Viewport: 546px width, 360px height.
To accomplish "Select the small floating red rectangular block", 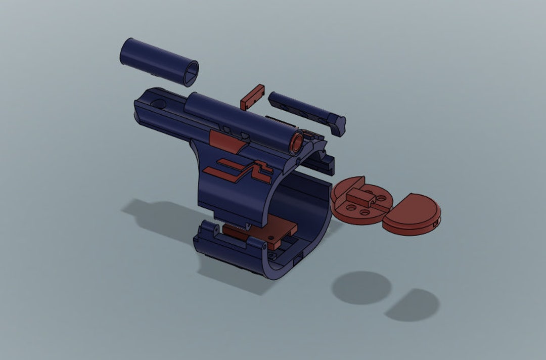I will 252,97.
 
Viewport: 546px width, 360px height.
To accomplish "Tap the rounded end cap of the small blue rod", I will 338,124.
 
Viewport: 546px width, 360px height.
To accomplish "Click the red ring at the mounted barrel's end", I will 296,141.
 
